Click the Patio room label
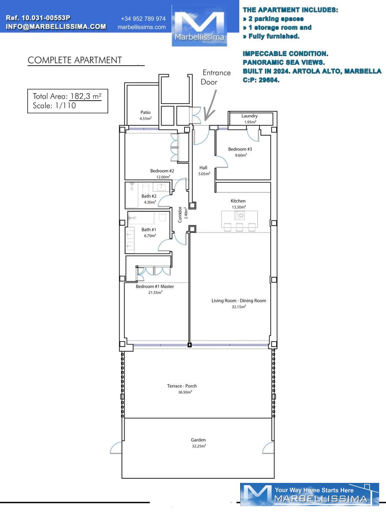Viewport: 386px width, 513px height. pyautogui.click(x=145, y=113)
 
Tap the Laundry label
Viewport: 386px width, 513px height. pyautogui.click(x=249, y=116)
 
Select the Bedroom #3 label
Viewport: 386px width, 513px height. pyautogui.click(x=240, y=149)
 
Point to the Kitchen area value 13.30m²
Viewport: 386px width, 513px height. pyautogui.click(x=239, y=207)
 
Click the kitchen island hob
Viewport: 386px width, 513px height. pyautogui.click(x=240, y=215)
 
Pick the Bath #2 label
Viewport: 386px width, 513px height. pyautogui.click(x=149, y=196)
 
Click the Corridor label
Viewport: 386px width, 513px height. pyautogui.click(x=180, y=214)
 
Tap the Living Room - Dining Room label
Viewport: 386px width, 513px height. pyautogui.click(x=239, y=301)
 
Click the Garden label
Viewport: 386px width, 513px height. pyautogui.click(x=198, y=440)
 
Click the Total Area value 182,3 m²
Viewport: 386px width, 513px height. pyautogui.click(x=86, y=96)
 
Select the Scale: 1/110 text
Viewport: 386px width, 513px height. pyautogui.click(x=54, y=106)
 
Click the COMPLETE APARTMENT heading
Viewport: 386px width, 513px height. pyautogui.click(x=75, y=60)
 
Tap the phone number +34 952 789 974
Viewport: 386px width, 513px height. pyautogui.click(x=143, y=19)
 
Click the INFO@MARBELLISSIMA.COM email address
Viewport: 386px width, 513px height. pyautogui.click(x=56, y=27)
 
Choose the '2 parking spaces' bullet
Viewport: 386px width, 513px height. pyautogui.click(x=273, y=19)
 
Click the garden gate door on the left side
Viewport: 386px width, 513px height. pyautogui.click(x=116, y=448)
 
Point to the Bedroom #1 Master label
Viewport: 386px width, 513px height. pyautogui.click(x=155, y=286)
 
